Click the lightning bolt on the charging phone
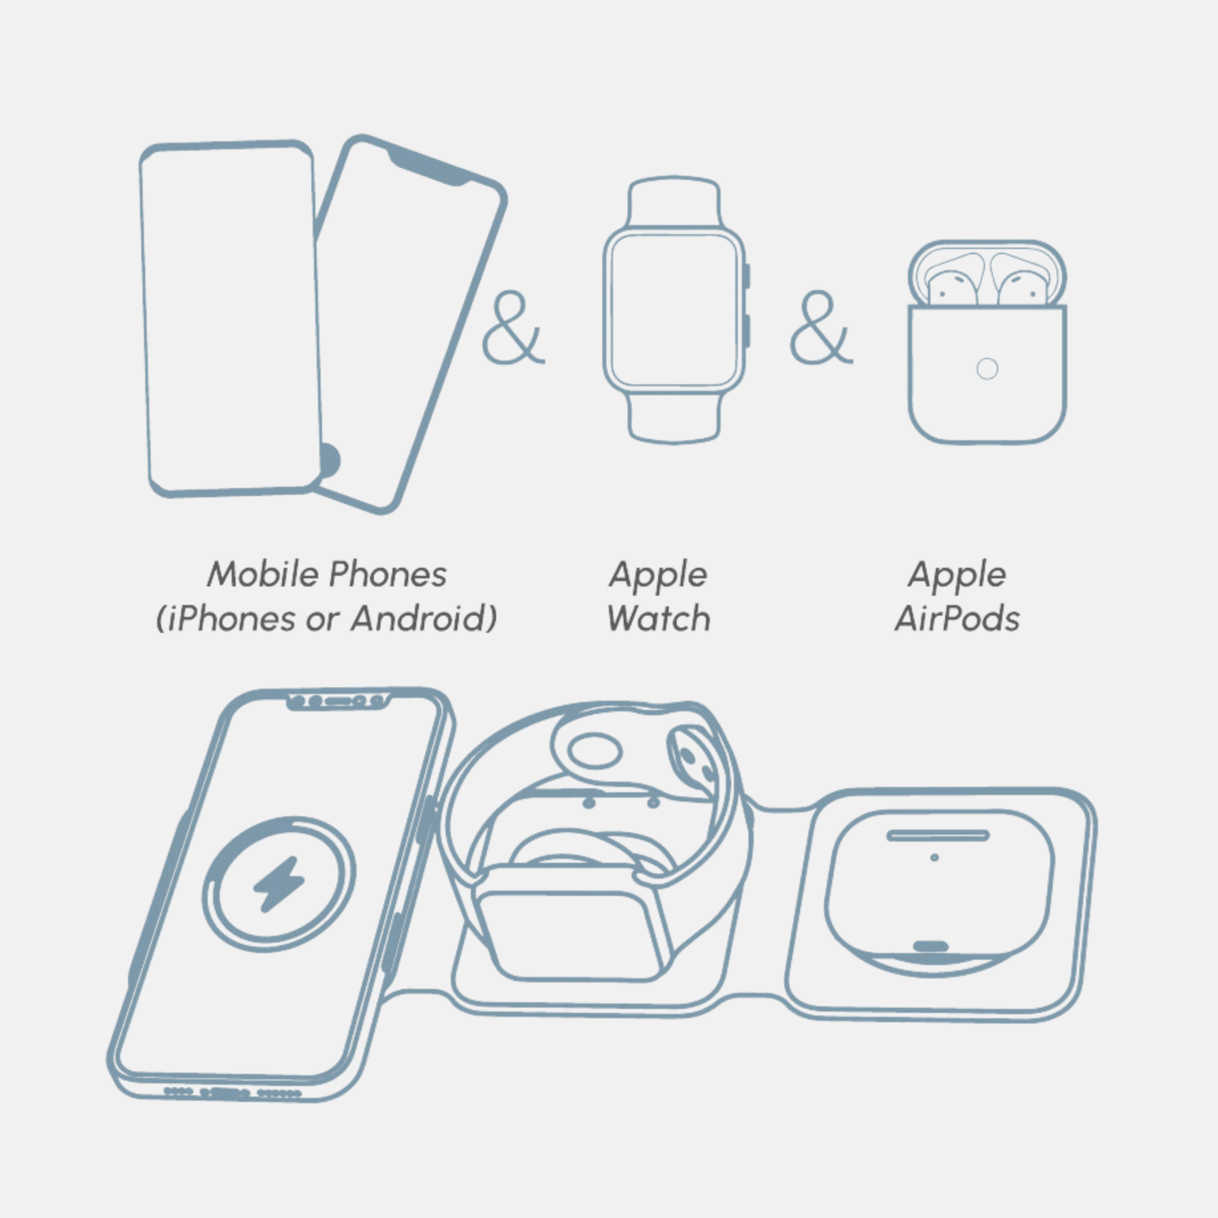pos(279,883)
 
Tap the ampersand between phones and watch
pos(513,327)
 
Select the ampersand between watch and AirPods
pos(821,327)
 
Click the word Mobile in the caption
pos(263,574)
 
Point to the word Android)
pos(424,618)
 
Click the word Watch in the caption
pos(658,618)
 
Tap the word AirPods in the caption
pos(957,618)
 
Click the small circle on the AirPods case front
pos(987,368)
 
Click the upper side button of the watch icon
pos(747,276)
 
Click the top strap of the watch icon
pos(673,201)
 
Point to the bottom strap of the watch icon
pos(673,418)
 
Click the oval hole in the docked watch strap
pos(594,751)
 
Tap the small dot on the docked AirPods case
pos(934,857)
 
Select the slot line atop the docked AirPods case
pos(938,835)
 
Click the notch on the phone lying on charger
pos(338,701)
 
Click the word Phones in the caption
pos(388,574)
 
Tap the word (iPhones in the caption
pos(226,618)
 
